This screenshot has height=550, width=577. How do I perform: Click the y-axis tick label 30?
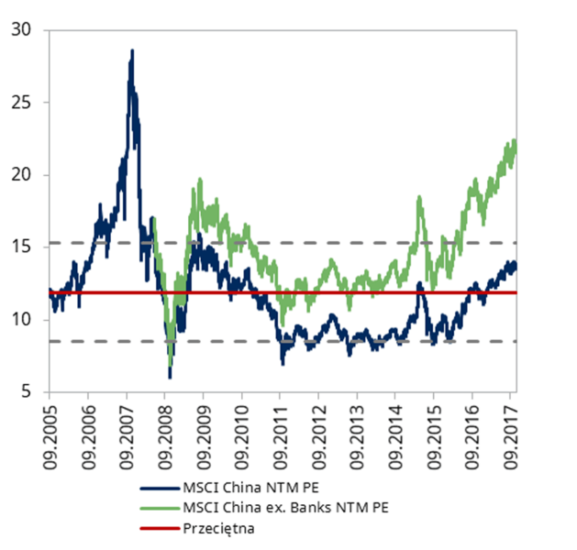tap(22, 29)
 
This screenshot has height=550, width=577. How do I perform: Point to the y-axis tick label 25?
tap(22, 102)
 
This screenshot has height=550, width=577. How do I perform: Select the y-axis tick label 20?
tap(22, 174)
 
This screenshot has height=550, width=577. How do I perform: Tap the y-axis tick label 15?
tap(22, 247)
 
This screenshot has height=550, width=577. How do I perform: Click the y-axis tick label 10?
tap(22, 319)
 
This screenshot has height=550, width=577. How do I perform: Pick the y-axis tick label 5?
tap(27, 391)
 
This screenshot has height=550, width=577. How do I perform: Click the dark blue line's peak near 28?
tap(132, 51)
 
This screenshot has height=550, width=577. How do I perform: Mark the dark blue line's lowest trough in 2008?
tap(170, 376)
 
